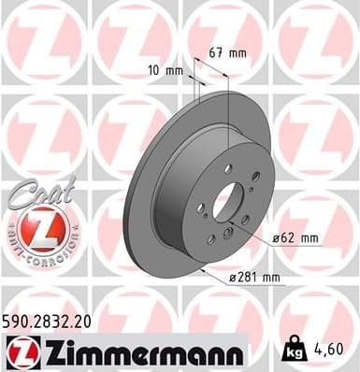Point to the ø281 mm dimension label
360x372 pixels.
point(255,277)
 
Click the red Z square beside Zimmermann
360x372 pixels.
point(20,351)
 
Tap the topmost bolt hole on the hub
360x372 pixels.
point(227,168)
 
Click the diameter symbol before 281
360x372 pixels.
point(233,277)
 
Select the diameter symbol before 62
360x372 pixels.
point(278,238)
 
